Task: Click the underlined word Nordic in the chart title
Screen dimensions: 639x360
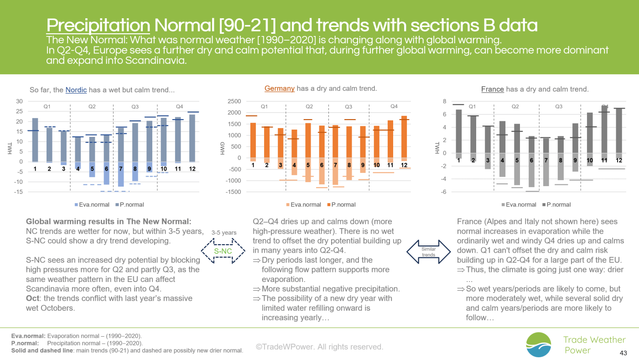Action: (76, 90)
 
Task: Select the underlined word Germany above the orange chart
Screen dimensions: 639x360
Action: (279, 89)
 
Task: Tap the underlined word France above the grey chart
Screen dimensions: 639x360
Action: (493, 89)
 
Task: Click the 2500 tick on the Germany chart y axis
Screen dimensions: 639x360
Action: (234, 101)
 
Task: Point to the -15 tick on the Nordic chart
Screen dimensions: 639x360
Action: (18, 192)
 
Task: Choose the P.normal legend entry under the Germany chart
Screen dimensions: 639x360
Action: (341, 205)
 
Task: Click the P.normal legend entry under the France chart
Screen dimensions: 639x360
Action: (556, 205)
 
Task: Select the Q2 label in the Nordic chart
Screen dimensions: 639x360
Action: (92, 106)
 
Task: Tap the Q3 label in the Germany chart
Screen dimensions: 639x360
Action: (348, 106)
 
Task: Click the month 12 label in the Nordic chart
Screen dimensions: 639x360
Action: (192, 169)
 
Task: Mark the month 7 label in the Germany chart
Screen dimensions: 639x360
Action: (336, 165)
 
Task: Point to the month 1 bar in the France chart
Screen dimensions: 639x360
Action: (459, 134)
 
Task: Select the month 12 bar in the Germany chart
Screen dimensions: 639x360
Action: (404, 138)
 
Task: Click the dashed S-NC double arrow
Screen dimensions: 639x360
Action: (223, 251)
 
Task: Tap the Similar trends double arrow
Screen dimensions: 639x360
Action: (428, 252)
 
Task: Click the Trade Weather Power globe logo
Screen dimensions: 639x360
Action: (539, 344)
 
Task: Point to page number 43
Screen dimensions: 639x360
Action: (623, 353)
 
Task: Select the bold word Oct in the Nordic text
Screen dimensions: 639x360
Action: (32, 298)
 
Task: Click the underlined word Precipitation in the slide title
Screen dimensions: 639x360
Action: (98, 25)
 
